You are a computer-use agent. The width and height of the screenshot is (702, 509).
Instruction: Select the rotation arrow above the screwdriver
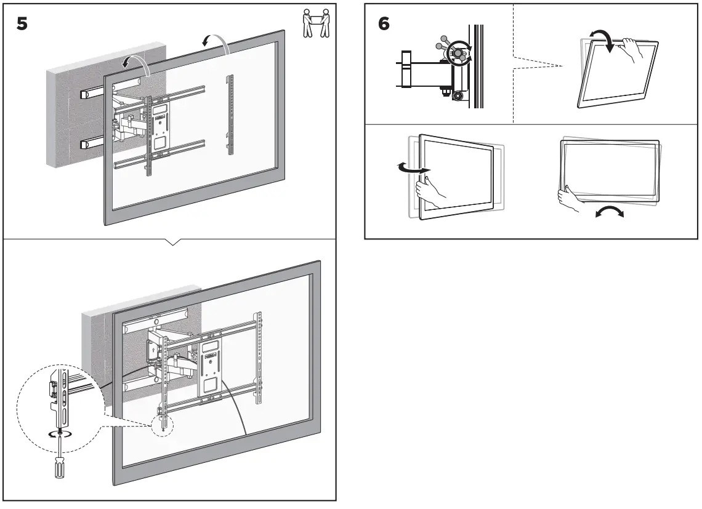pos(58,434)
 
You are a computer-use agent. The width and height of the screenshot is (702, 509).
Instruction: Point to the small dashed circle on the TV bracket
pos(163,425)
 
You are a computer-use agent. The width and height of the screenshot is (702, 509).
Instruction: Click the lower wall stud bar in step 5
pos(90,145)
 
